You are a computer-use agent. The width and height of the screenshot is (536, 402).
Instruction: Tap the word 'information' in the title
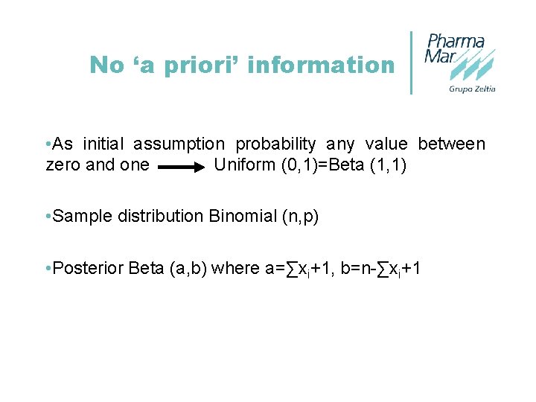point(321,66)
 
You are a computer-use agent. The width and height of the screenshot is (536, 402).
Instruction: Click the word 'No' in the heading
point(106,66)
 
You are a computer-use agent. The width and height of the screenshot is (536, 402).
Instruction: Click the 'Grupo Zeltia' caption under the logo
point(472,89)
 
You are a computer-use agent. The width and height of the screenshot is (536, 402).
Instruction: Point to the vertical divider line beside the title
point(412,63)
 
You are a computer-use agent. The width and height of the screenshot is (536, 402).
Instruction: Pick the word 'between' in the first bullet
point(451,144)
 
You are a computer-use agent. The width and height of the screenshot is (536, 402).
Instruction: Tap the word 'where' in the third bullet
point(234,269)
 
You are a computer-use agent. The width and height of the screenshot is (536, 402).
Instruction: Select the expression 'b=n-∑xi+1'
point(380,269)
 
